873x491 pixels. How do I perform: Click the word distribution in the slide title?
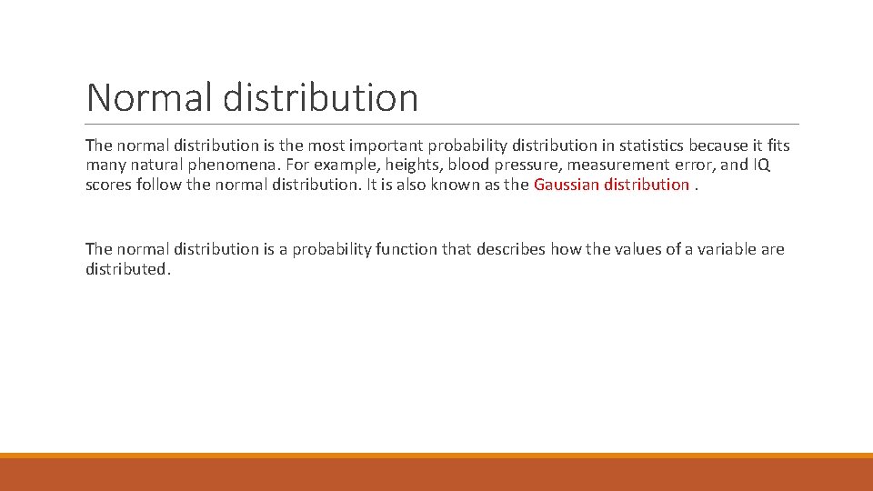click(x=320, y=97)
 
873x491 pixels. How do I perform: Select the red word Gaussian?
click(x=566, y=185)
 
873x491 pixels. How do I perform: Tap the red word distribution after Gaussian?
click(x=647, y=185)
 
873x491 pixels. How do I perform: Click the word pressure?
click(x=529, y=165)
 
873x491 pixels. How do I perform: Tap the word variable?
click(x=725, y=249)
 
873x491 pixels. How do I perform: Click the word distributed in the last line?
click(x=126, y=269)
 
